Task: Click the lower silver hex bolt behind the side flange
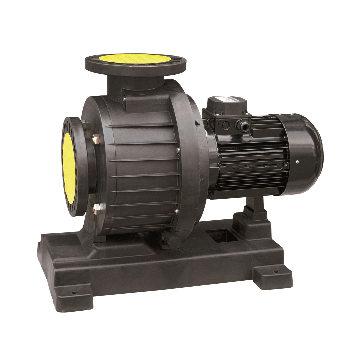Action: click(x=96, y=207)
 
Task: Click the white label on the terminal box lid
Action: click(x=227, y=101)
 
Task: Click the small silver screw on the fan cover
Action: click(x=297, y=162)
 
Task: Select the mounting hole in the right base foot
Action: click(x=275, y=272)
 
